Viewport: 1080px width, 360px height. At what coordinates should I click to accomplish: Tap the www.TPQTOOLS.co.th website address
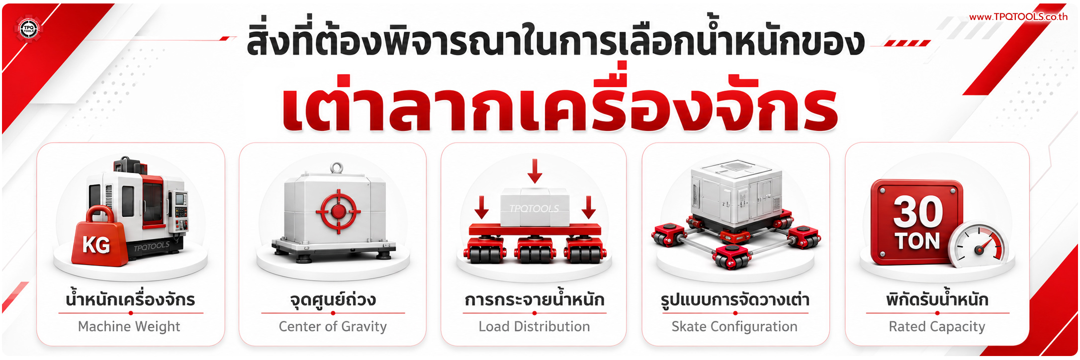pyautogui.click(x=1018, y=16)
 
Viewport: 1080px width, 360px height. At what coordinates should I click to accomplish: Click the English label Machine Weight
pyautogui.click(x=129, y=326)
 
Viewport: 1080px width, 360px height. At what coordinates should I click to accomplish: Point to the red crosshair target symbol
pyautogui.click(x=339, y=211)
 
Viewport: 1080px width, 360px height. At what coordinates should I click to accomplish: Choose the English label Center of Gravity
pyautogui.click(x=333, y=326)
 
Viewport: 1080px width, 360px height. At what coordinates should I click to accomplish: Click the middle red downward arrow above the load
pyautogui.click(x=535, y=171)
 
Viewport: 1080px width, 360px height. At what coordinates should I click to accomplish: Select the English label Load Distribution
pyautogui.click(x=534, y=326)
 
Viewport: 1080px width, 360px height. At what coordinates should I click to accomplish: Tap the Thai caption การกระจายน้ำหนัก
pyautogui.click(x=535, y=300)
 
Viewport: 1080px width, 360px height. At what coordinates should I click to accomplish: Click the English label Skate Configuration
pyautogui.click(x=734, y=326)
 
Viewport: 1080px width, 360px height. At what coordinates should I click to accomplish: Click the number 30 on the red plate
pyautogui.click(x=918, y=211)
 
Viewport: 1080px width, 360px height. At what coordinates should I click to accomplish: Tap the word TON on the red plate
pyautogui.click(x=918, y=241)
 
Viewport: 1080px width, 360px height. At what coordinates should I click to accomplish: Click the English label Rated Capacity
pyautogui.click(x=937, y=326)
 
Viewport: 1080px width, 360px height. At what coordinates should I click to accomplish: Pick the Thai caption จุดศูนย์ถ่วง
pyautogui.click(x=333, y=300)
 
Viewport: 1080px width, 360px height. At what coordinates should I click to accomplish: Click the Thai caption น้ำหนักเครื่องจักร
pyautogui.click(x=130, y=300)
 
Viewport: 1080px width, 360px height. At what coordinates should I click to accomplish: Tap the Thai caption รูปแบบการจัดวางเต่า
pyautogui.click(x=735, y=300)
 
